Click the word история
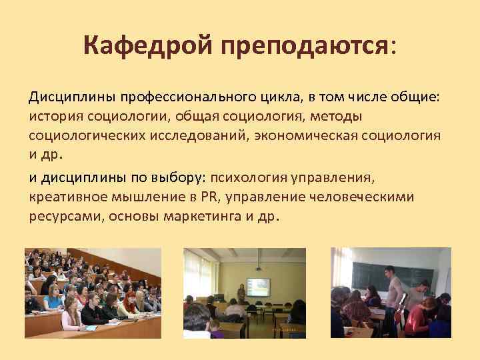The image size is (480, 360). pyautogui.click(x=54, y=117)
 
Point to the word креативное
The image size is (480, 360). pyautogui.click(x=63, y=197)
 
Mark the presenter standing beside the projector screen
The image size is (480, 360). pyautogui.click(x=240, y=293)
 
